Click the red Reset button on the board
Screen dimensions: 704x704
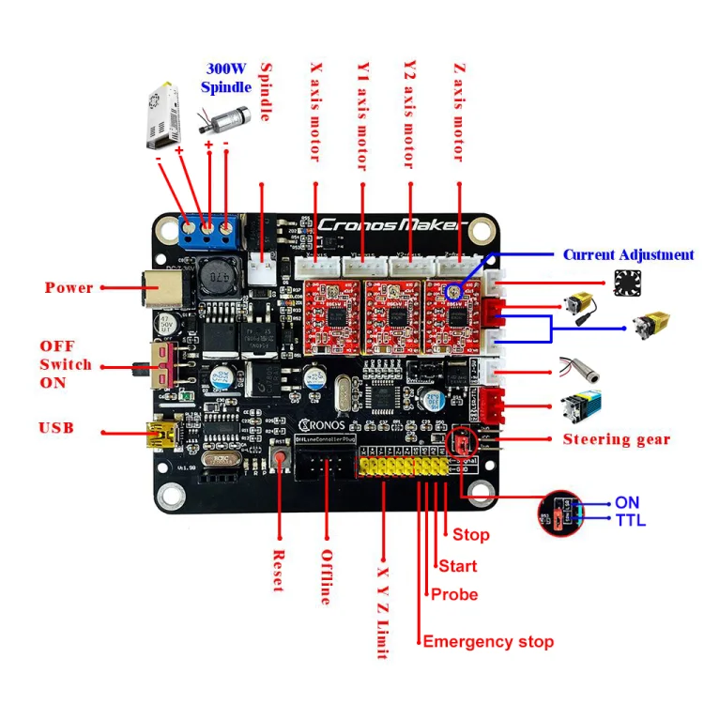pos(280,458)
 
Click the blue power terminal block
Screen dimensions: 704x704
pos(207,228)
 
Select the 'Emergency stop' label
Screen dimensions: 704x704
pos(487,642)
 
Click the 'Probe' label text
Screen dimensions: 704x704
pos(453,594)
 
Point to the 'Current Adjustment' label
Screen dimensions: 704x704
pos(628,255)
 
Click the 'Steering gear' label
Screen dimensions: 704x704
pos(616,439)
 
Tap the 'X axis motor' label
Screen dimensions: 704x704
pos(315,111)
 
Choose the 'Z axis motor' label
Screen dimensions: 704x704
pos(459,111)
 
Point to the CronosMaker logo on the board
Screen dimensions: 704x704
pos(390,225)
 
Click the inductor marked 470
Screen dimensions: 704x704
pos(218,280)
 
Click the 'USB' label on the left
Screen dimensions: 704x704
pos(56,429)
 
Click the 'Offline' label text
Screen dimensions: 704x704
pos(326,575)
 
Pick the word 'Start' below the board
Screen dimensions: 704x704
pos(457,566)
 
